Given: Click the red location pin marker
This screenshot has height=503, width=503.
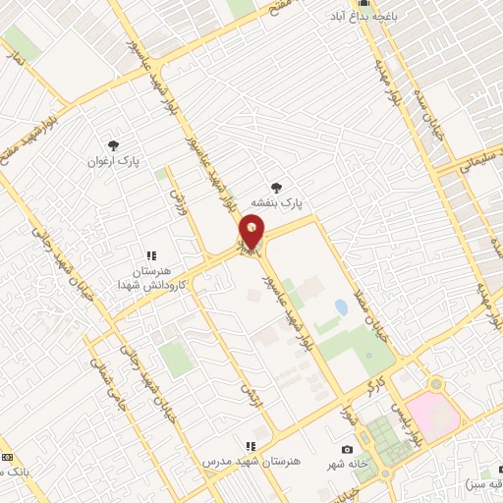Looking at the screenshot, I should pyautogui.click(x=251, y=233).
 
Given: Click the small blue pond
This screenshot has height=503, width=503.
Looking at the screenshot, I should pyautogui.click(x=341, y=307).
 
